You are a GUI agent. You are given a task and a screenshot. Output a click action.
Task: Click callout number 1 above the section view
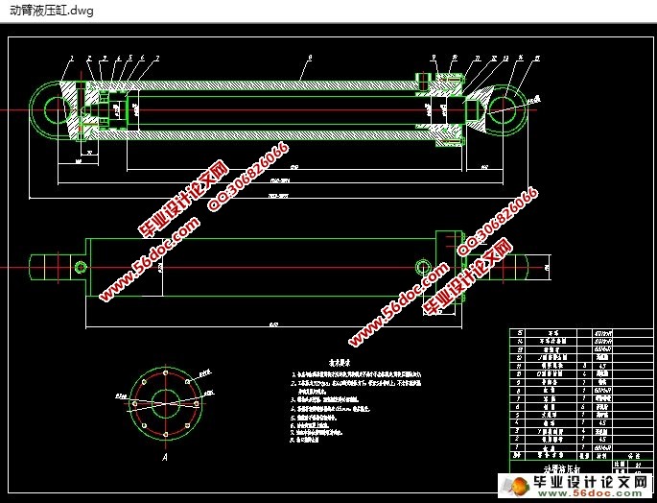click(71, 59)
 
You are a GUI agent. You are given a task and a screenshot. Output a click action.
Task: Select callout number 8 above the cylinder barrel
click(309, 59)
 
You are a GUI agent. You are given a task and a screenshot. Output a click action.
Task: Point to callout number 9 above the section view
click(434, 58)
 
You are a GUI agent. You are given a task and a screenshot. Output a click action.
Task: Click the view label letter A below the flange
click(166, 460)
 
